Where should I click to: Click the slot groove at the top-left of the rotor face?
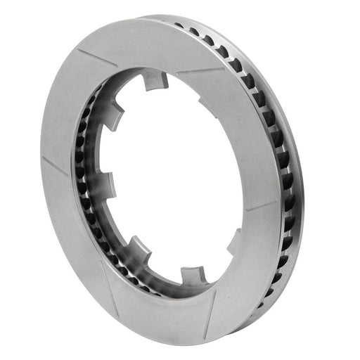[96, 58]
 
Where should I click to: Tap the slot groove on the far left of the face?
[55, 166]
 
